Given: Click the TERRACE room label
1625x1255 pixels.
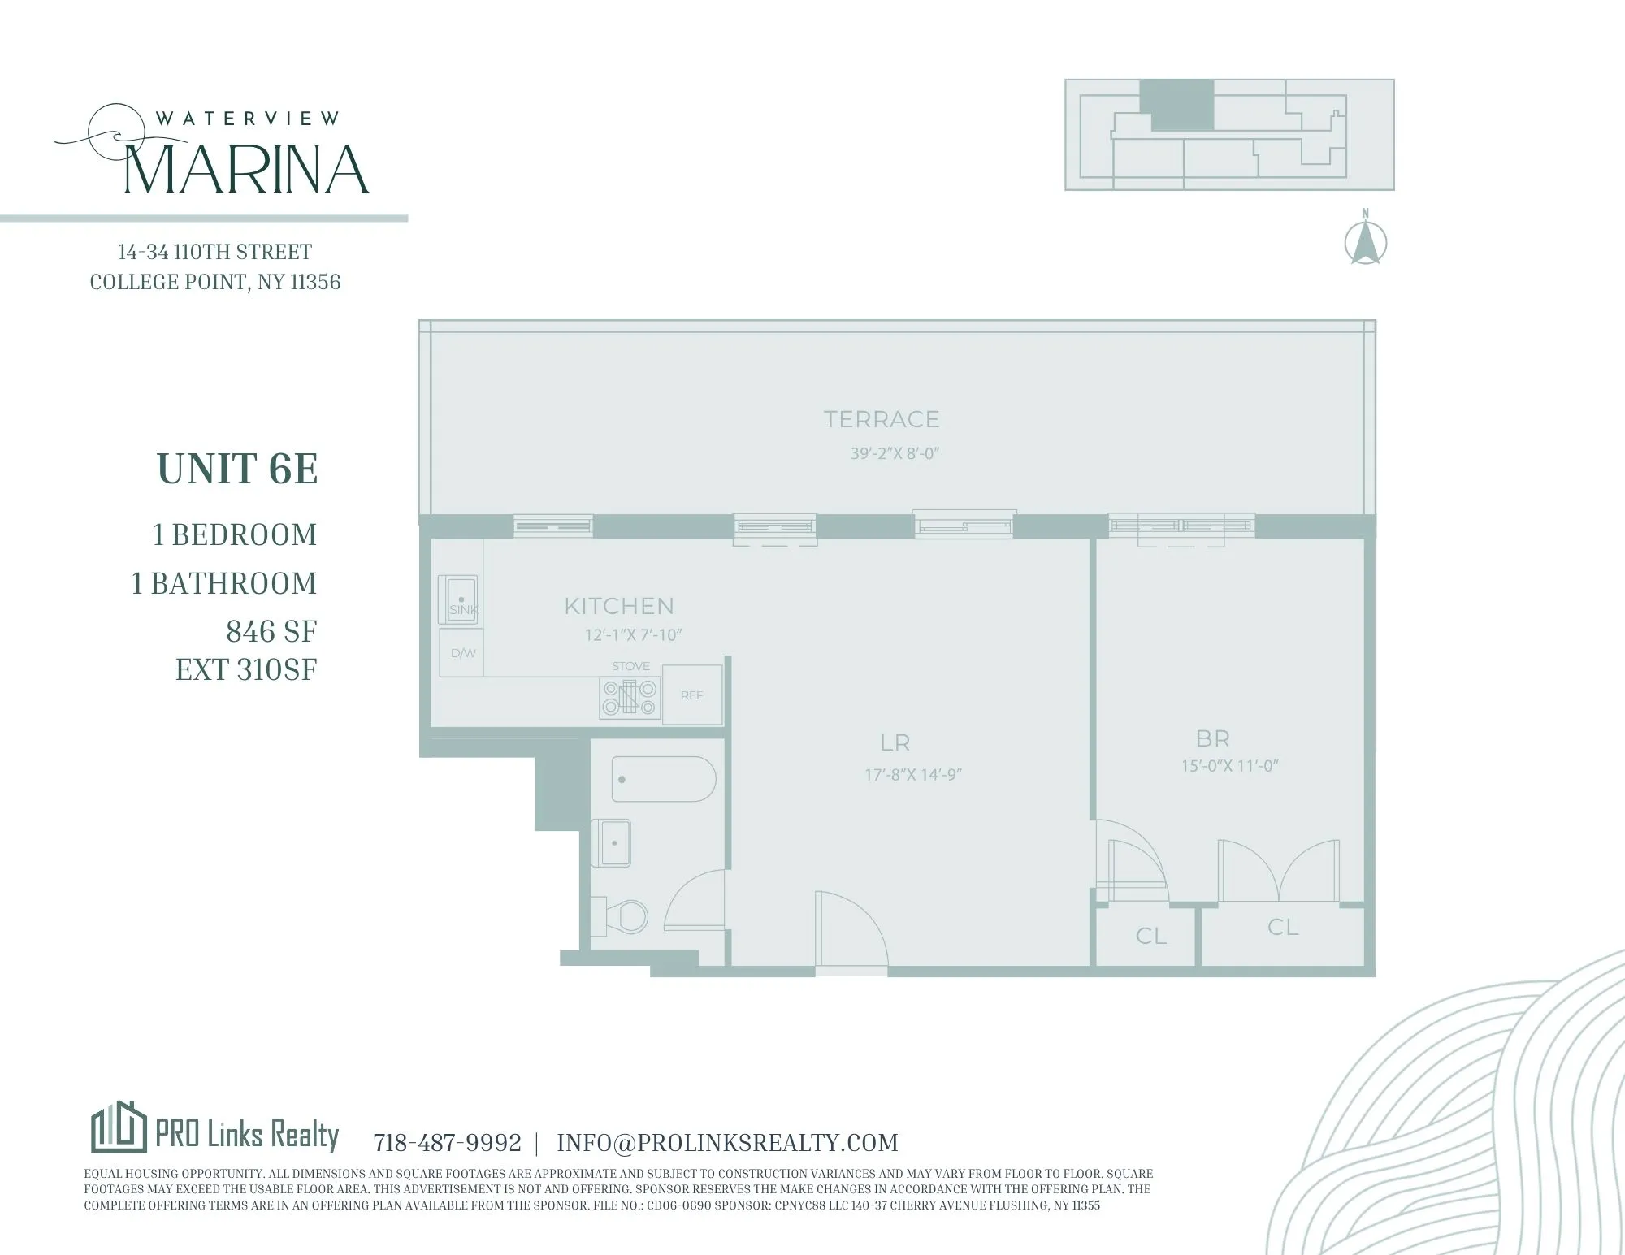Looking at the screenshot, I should [882, 419].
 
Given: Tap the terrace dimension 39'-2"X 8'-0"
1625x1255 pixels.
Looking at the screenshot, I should [895, 453].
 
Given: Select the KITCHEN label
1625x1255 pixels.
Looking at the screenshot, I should [619, 606].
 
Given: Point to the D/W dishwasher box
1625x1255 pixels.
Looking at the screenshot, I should [461, 652].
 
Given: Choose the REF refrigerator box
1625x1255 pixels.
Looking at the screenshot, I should [692, 695].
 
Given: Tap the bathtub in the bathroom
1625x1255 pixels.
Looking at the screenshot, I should [663, 779].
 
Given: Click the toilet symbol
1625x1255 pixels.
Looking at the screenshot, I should [623, 916].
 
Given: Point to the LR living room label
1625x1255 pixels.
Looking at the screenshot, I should [895, 742].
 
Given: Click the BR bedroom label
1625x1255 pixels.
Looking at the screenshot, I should [1212, 738].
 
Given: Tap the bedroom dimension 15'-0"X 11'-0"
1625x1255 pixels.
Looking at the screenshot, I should [1229, 765].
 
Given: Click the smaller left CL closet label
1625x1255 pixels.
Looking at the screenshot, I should [1150, 936].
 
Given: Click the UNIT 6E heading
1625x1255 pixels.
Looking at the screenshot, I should [237, 469].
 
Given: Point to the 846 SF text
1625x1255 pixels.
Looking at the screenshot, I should [271, 631].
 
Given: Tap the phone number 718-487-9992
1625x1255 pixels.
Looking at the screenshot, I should [447, 1143].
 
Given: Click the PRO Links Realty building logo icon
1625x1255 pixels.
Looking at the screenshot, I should [119, 1127].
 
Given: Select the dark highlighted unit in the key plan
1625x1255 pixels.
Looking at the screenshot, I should [1177, 106].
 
